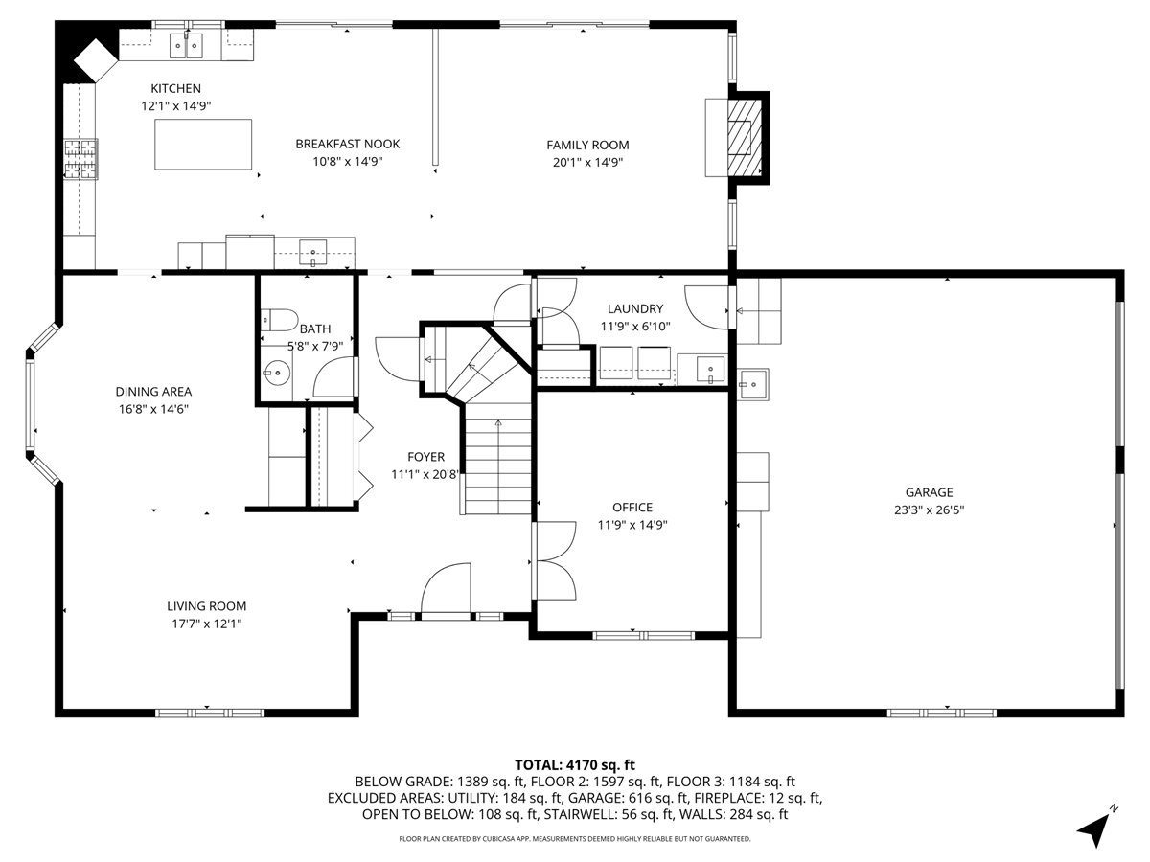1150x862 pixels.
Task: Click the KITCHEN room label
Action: pyautogui.click(x=175, y=88)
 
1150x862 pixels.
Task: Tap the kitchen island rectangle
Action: pyautogui.click(x=203, y=145)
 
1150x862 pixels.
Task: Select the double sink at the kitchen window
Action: pyautogui.click(x=187, y=44)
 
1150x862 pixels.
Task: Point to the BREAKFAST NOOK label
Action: pyautogui.click(x=347, y=144)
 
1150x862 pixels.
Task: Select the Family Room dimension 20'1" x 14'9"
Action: pyautogui.click(x=587, y=163)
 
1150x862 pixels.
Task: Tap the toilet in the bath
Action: pyautogui.click(x=278, y=319)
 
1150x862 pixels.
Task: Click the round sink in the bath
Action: pyautogui.click(x=279, y=372)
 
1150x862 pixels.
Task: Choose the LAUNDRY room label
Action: pyautogui.click(x=634, y=308)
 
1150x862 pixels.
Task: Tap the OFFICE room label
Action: pyautogui.click(x=632, y=507)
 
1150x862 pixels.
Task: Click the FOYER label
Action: pyautogui.click(x=425, y=457)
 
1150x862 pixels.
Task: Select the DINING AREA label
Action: pyautogui.click(x=153, y=391)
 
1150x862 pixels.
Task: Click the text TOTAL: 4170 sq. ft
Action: pyautogui.click(x=575, y=764)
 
